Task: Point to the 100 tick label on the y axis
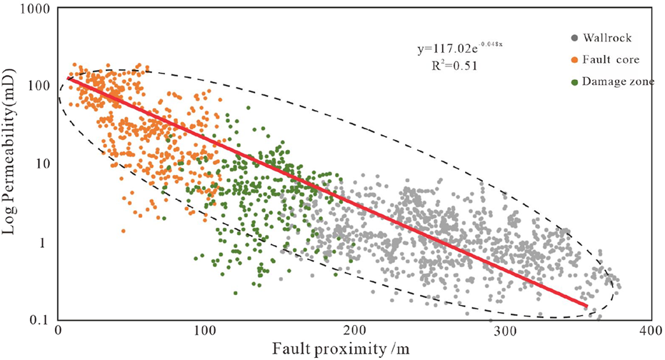click(37, 85)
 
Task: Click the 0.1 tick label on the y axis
click(39, 319)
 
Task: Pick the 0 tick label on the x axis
click(57, 331)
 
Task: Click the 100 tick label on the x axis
click(205, 331)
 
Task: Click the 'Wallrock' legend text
click(585, 37)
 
